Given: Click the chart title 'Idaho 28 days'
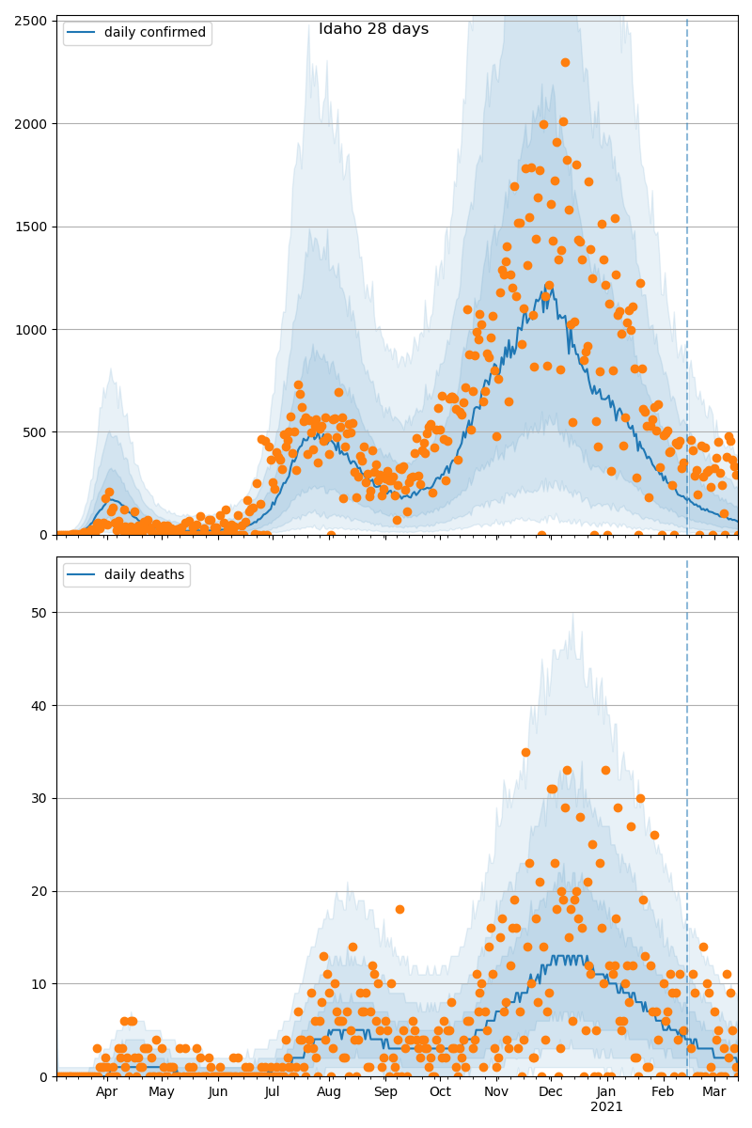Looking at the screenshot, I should click(373, 29).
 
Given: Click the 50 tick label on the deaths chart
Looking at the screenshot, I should click(39, 613).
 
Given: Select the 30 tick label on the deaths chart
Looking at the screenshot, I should click(39, 798).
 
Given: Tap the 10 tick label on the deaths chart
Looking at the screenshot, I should click(39, 984).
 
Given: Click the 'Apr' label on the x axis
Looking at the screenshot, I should click(106, 1092).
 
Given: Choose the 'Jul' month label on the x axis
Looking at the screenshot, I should click(273, 1092).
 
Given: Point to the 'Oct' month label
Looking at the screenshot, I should click(440, 1092).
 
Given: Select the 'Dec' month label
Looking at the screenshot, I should click(551, 1092).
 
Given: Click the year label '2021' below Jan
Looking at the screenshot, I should click(606, 1106).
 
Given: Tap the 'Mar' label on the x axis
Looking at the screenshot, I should click(713, 1092).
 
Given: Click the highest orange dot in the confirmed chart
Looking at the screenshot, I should click(565, 62).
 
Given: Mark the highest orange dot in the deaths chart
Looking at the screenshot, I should click(525, 752).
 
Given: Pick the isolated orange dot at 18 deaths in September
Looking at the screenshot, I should click(399, 909).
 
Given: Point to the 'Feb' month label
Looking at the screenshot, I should click(663, 1092).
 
